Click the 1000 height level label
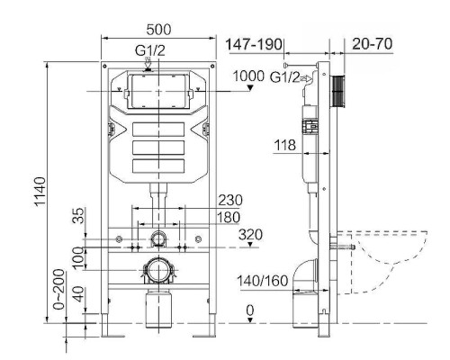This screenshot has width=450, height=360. [248, 77]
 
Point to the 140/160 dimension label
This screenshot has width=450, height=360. [265, 281]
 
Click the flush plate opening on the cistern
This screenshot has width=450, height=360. [158, 93]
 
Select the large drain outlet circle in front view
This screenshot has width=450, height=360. [158, 268]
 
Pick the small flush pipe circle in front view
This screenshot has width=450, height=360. [158, 238]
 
